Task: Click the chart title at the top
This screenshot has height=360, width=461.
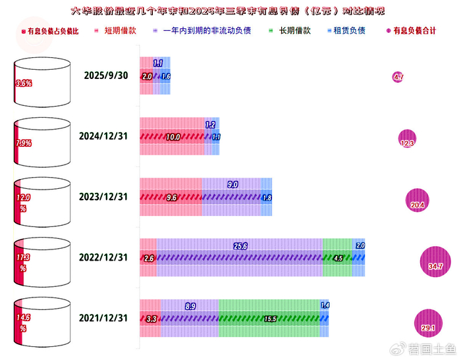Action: click(x=228, y=11)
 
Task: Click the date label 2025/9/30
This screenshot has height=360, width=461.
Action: click(x=107, y=76)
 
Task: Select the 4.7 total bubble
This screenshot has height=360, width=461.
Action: click(x=398, y=77)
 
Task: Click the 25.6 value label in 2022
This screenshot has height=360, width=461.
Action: click(x=240, y=246)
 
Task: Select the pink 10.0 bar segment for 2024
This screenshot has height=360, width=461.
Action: click(x=172, y=137)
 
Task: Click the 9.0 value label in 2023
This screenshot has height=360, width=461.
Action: click(x=232, y=185)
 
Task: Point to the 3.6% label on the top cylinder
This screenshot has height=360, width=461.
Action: click(x=24, y=84)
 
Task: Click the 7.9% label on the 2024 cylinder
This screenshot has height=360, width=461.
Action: click(x=24, y=142)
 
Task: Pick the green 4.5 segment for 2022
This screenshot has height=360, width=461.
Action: click(x=338, y=259)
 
